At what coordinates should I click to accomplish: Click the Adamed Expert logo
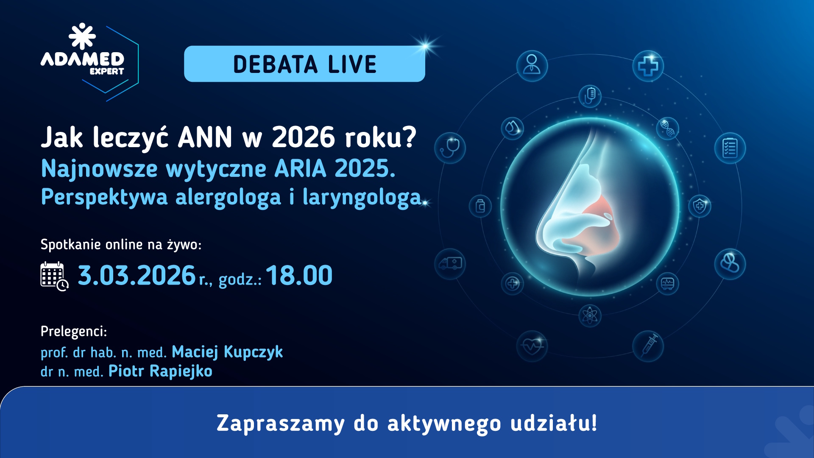point(83,53)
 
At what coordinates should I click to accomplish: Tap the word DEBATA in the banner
point(275,64)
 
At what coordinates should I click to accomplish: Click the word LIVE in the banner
point(352,64)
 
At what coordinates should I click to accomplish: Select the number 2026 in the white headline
point(303,137)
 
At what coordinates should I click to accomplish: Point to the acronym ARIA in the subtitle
point(300,169)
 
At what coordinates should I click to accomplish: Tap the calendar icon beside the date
point(54,276)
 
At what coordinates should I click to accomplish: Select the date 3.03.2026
point(137,276)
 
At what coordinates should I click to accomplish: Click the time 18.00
point(299,276)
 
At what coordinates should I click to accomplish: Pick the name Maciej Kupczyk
point(227,352)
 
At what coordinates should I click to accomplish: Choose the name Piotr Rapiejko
point(160,371)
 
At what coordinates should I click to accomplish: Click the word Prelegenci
point(73,331)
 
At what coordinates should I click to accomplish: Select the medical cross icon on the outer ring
point(648,66)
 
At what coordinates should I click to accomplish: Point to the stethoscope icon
point(450,148)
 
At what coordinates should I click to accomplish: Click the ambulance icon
point(450,264)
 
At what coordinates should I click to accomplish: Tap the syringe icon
point(648,346)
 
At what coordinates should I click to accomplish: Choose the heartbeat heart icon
point(532,346)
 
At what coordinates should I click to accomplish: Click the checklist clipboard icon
point(730,148)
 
